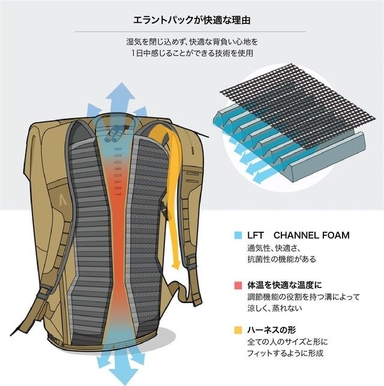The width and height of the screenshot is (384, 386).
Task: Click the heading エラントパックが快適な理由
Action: (x=191, y=20)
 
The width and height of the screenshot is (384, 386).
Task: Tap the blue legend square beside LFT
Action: (x=238, y=235)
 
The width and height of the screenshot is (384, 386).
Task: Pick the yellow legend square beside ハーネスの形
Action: (x=238, y=330)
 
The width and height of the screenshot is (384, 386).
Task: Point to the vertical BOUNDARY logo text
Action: (x=118, y=161)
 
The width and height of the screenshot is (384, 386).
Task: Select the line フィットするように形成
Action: (x=286, y=354)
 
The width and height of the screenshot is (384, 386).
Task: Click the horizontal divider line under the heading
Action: (x=191, y=31)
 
